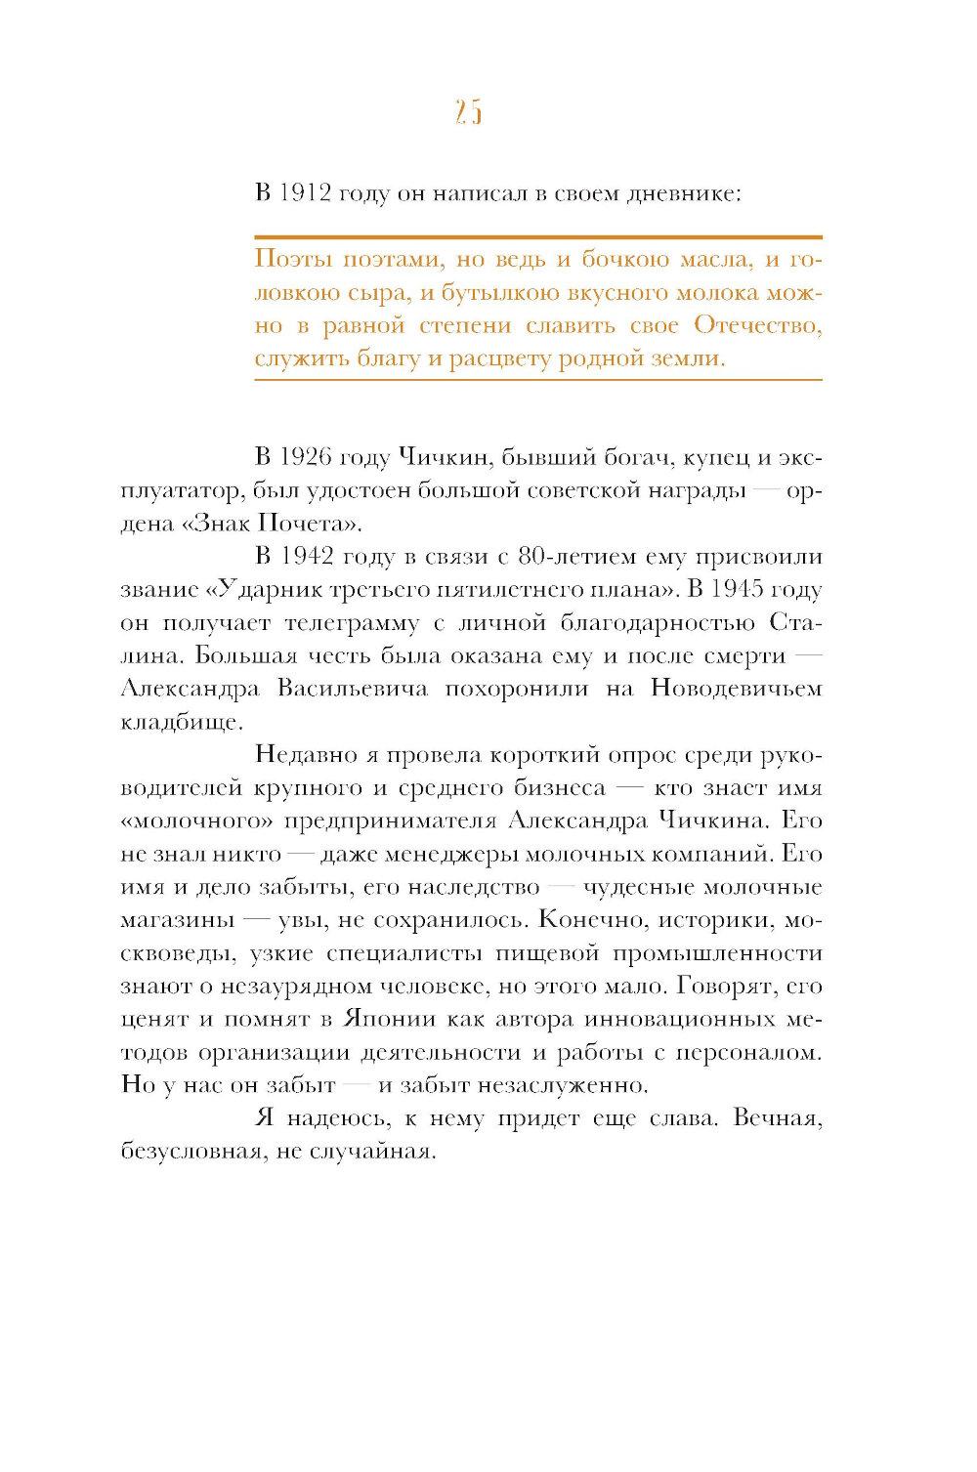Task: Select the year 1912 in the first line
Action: coord(303,193)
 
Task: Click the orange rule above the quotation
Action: coord(537,236)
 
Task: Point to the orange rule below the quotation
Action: coord(537,379)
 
